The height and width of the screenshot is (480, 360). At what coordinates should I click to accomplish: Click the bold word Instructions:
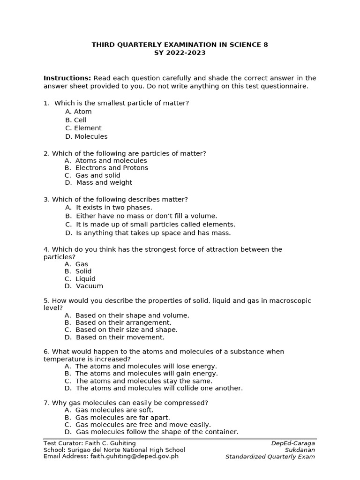pyautogui.click(x=67, y=78)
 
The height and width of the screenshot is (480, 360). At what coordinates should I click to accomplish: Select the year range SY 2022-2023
pyautogui.click(x=180, y=53)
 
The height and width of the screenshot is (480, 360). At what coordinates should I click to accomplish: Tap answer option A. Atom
pyautogui.click(x=79, y=112)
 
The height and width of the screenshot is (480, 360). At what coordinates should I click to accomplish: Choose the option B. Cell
pyautogui.click(x=76, y=120)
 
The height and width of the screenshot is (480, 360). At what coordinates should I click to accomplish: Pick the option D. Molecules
pyautogui.click(x=87, y=136)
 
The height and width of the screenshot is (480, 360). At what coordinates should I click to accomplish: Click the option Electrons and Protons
pyautogui.click(x=112, y=168)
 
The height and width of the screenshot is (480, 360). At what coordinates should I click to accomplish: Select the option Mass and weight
pyautogui.click(x=104, y=182)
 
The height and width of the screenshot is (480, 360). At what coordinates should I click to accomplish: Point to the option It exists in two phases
pyautogui.click(x=114, y=207)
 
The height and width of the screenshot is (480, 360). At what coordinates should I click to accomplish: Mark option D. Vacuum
pyautogui.click(x=84, y=286)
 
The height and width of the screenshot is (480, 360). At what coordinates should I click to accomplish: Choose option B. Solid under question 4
pyautogui.click(x=78, y=271)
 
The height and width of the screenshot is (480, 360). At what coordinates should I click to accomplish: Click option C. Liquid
pyautogui.click(x=80, y=279)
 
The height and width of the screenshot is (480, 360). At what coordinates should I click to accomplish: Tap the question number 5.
pyautogui.click(x=46, y=301)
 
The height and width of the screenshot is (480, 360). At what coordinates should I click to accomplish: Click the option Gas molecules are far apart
pyautogui.click(x=122, y=417)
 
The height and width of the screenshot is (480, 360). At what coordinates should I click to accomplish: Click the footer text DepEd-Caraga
pyautogui.click(x=293, y=443)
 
